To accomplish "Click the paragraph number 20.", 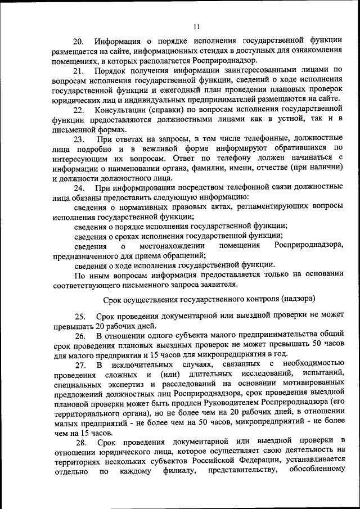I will [79, 41].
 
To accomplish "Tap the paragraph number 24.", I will [79, 187].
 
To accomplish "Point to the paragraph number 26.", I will [79, 336].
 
